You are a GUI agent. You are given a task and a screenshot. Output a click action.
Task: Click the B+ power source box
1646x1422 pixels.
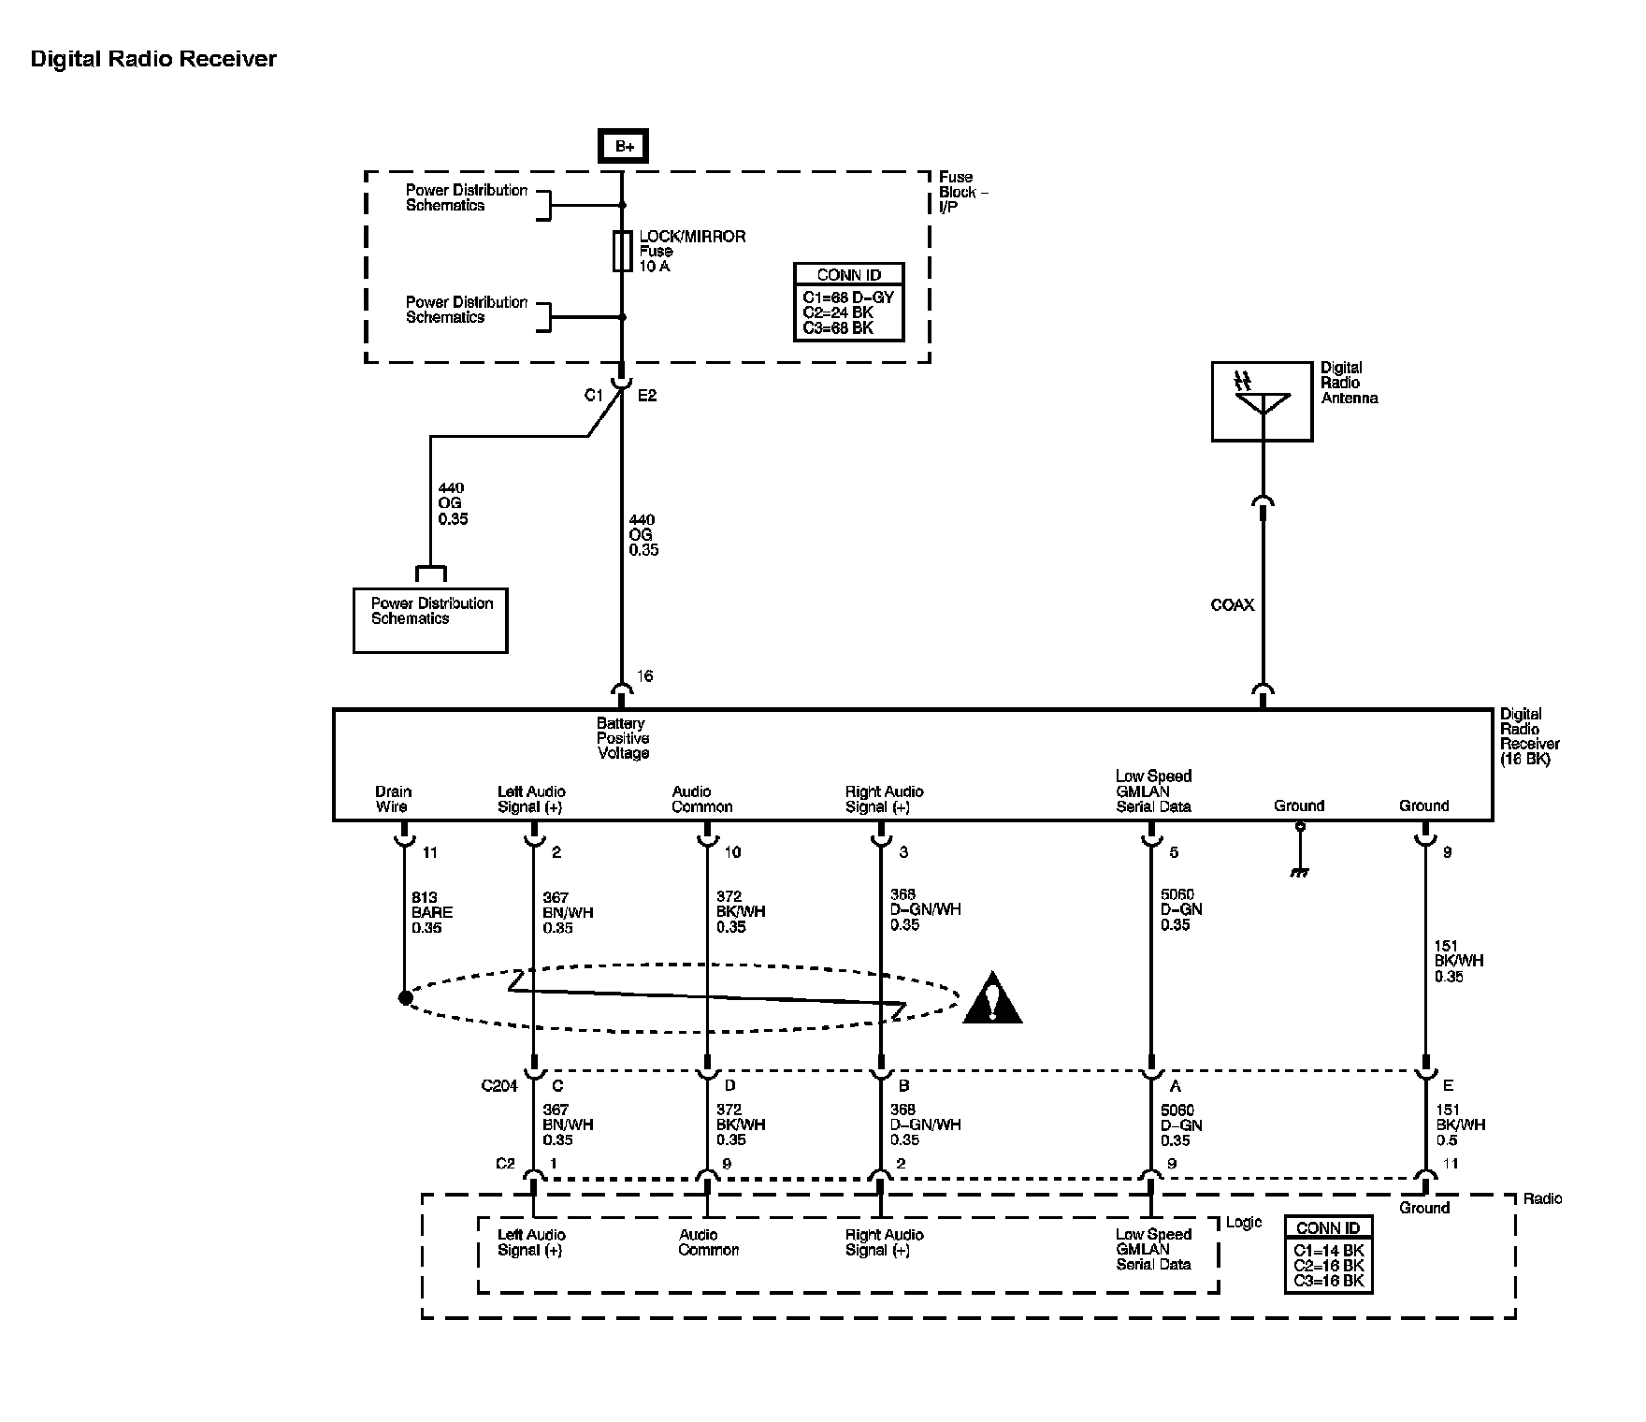(623, 146)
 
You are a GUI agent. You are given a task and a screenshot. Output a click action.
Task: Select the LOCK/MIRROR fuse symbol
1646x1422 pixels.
(622, 251)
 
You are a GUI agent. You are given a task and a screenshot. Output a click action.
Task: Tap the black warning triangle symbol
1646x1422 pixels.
(992, 997)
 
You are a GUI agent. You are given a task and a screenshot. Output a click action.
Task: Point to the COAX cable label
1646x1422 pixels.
(1233, 605)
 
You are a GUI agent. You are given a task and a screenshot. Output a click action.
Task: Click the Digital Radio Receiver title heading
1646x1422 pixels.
(154, 59)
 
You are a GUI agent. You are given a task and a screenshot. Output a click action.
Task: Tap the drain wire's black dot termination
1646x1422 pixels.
(405, 998)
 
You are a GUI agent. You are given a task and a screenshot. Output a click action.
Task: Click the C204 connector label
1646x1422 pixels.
(499, 1086)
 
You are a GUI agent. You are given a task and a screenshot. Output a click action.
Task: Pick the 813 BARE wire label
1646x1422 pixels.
(432, 912)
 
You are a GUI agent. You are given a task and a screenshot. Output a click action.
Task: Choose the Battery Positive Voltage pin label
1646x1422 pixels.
(623, 738)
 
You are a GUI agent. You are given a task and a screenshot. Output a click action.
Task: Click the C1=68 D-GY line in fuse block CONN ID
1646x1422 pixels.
(848, 297)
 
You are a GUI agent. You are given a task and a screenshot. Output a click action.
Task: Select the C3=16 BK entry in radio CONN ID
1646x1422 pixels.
(1328, 1281)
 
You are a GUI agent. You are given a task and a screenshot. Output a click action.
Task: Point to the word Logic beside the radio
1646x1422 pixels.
(1243, 1222)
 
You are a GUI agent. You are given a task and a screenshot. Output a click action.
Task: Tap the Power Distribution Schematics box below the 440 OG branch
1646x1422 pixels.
(430, 620)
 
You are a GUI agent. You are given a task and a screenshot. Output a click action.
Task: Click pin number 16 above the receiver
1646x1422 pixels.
(645, 676)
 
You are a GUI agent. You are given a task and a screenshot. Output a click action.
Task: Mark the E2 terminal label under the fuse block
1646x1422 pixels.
(647, 396)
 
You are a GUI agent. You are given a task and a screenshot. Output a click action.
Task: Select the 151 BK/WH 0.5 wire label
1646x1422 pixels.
(1460, 1125)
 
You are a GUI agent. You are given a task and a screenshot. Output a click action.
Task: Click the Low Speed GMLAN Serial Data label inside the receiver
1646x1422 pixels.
(1153, 791)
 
